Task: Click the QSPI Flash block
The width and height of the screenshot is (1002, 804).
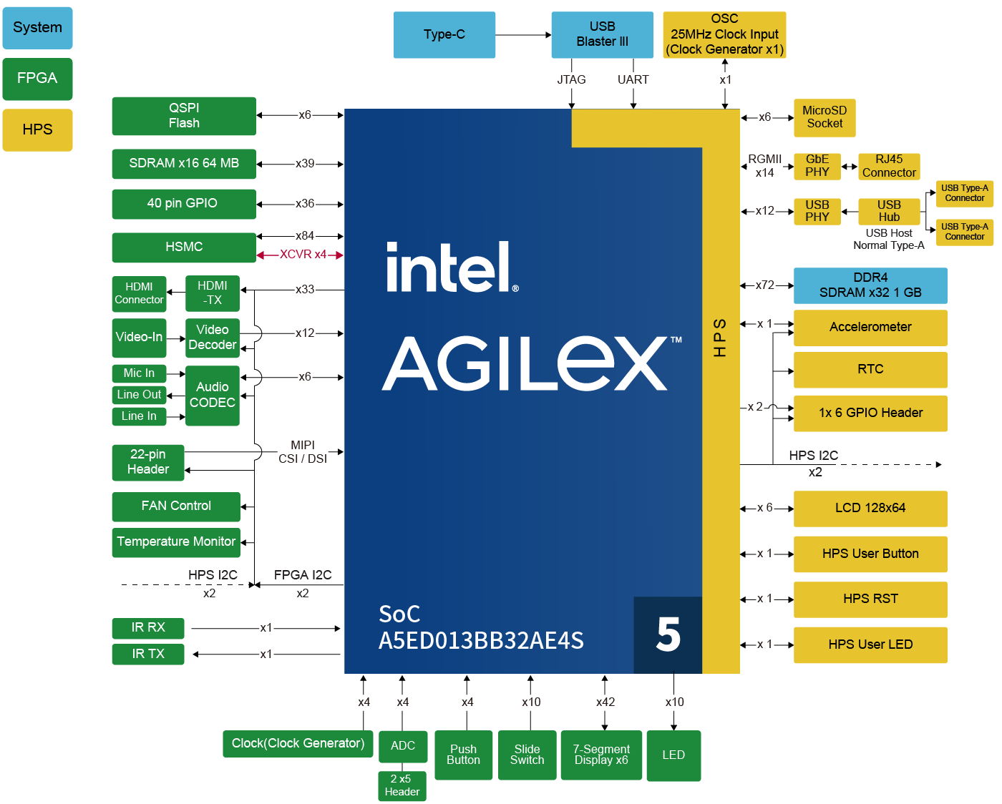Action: [184, 116]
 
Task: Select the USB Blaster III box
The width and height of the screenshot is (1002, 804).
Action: [602, 34]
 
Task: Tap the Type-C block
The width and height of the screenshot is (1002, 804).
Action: [444, 34]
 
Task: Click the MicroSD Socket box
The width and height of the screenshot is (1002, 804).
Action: [825, 117]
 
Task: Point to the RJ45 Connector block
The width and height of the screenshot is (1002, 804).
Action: [889, 166]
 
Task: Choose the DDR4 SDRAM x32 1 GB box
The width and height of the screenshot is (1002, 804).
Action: [870, 285]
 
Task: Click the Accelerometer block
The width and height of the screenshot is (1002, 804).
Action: [870, 327]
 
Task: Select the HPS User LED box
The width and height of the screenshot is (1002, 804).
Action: [870, 644]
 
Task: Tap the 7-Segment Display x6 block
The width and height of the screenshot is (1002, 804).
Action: [601, 755]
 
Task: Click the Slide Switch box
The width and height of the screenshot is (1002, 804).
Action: [527, 755]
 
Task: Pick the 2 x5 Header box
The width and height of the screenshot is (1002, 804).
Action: [402, 785]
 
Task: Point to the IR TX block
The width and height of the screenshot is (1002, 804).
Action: [148, 654]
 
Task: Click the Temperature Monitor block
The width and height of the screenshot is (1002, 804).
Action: [176, 541]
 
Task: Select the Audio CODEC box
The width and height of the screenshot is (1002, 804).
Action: [213, 396]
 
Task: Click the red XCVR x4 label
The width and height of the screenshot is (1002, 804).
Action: [303, 255]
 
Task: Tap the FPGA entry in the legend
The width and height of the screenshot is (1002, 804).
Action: [37, 79]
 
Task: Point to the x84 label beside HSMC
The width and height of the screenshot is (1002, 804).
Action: [305, 235]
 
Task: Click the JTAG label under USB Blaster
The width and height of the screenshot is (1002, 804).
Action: [571, 79]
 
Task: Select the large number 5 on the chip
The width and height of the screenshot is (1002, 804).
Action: [668, 634]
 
